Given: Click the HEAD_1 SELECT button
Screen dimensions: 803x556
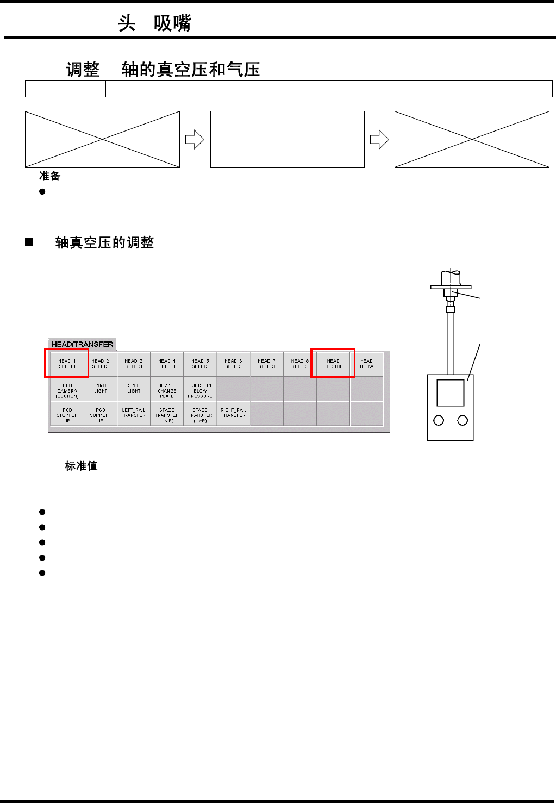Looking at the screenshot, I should (67, 364).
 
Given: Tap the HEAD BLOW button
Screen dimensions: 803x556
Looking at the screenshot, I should (367, 364).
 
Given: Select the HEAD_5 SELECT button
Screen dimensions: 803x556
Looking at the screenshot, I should (201, 364).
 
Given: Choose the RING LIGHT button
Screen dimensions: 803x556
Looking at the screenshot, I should (101, 388).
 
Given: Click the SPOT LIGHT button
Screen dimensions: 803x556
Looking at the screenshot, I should (134, 388).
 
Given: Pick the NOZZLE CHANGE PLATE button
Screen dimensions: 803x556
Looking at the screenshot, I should (167, 390).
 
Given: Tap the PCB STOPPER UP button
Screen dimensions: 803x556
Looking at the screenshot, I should (67, 415).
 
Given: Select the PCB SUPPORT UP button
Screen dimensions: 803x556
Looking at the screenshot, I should (101, 415).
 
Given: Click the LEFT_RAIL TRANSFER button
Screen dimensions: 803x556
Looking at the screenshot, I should (134, 413).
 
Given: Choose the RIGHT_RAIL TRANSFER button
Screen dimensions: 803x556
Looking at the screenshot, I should (234, 413).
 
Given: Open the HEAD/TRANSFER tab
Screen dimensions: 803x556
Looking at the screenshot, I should (82, 344).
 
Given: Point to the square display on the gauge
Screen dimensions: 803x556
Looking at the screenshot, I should (451, 393).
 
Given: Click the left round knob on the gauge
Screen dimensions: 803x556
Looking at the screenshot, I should (439, 420).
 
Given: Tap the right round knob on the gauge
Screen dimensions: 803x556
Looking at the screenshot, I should (463, 420).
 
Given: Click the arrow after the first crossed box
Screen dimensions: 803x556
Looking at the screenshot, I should (195, 140).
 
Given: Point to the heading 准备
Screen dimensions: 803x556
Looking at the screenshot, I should (49, 176).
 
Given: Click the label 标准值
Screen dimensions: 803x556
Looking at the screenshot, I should (81, 466).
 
